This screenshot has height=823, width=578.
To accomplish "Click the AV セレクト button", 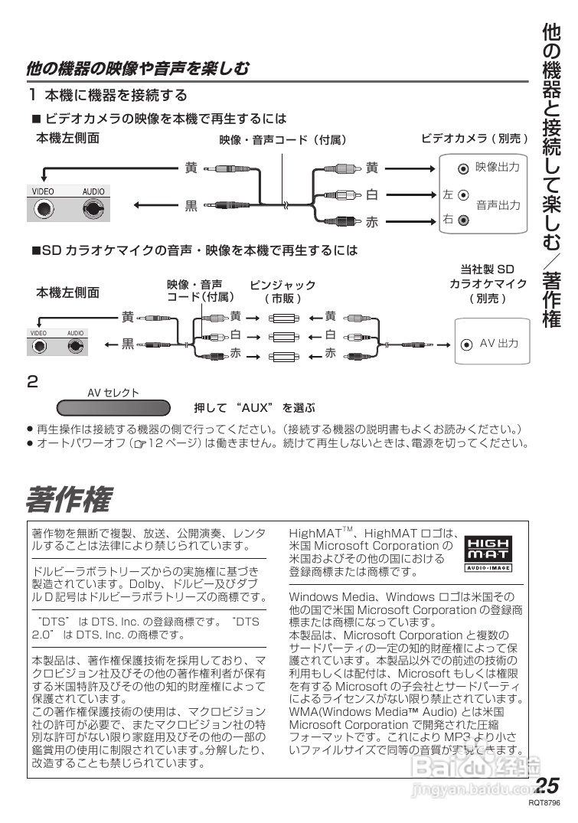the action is (x=113, y=407).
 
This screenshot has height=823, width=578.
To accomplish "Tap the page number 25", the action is (x=548, y=786).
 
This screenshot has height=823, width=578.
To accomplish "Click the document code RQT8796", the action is (x=545, y=805).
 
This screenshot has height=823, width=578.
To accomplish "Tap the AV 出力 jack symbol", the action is (x=466, y=344).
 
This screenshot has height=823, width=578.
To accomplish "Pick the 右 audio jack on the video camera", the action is (x=463, y=220).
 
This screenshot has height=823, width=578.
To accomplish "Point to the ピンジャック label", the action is (x=283, y=285).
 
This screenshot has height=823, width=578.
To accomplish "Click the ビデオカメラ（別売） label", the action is (x=475, y=139).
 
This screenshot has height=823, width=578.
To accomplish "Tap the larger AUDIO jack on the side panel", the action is (x=95, y=207).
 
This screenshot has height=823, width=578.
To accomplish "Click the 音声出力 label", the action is (x=498, y=205).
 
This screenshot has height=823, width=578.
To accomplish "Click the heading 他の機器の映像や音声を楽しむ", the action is (x=138, y=69).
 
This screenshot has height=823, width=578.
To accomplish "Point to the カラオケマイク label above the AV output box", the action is (x=488, y=283).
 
